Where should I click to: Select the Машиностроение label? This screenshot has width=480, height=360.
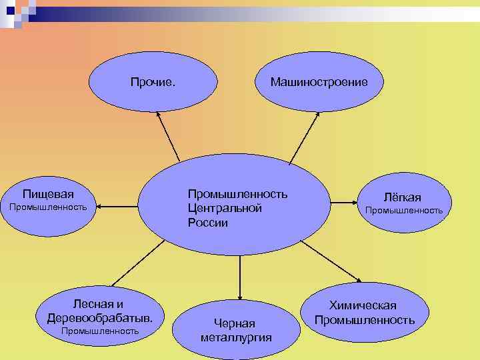coord(318,82)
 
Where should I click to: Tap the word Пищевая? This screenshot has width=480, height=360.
coord(48,194)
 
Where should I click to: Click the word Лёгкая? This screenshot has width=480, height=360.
coord(402,197)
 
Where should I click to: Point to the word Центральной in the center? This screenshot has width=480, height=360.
coord(224,208)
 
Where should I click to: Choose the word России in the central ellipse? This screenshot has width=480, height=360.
coord(207,223)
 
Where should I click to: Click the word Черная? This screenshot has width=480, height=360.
coord(235,323)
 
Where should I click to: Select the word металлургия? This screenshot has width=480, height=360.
coord(236,337)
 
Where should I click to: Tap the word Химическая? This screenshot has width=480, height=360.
coord(363,305)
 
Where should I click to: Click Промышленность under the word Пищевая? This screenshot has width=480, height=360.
coord(47,207)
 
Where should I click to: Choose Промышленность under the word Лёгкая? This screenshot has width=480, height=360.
coord(403,211)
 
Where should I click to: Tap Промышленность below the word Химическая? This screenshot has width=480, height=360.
coord(364,320)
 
